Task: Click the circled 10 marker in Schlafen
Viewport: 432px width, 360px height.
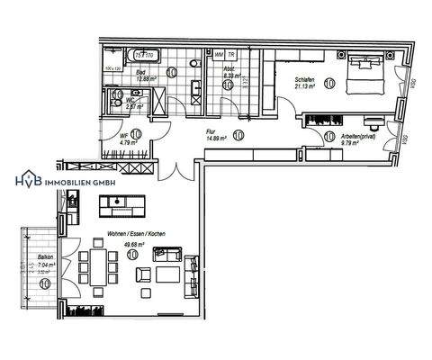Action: [x=328, y=84]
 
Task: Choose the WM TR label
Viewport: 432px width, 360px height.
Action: [x=225, y=55]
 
